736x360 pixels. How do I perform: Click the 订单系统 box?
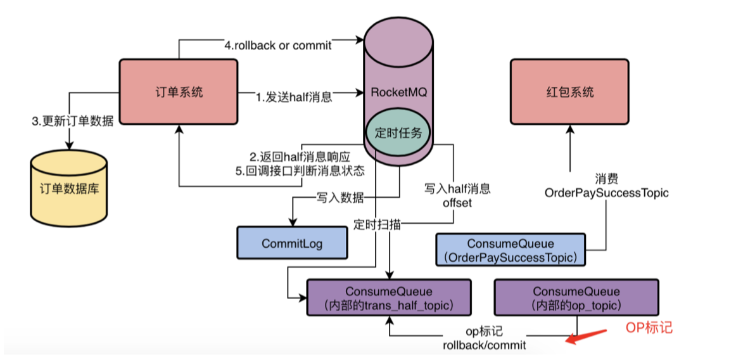[x=179, y=92]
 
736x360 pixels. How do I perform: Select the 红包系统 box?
[x=569, y=92]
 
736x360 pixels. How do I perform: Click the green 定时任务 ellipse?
[x=398, y=133]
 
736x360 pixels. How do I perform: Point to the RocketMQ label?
[x=398, y=92]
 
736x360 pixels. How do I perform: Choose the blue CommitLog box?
[x=292, y=242]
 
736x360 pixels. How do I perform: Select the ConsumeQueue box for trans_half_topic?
[x=389, y=299]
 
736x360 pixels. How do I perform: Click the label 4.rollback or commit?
[x=278, y=46]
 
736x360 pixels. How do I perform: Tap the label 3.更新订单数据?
[x=72, y=121]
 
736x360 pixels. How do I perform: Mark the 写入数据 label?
[x=340, y=198]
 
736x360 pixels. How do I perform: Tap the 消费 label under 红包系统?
[x=606, y=179]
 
